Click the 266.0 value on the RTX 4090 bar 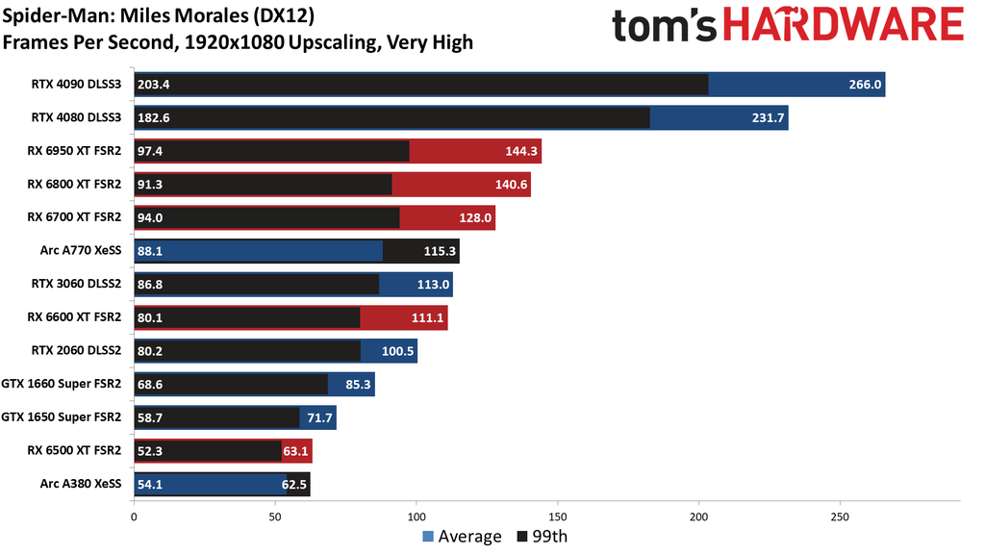point(863,85)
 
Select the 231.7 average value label point(766,118)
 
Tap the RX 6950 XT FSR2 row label point(75,151)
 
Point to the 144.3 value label point(520,151)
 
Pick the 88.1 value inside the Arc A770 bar point(152,251)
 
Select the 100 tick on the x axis point(416,516)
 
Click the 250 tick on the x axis point(840,516)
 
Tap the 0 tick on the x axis point(133,516)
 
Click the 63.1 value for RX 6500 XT point(294,451)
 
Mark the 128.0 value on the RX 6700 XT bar point(475,218)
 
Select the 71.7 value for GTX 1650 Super point(317,417)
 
